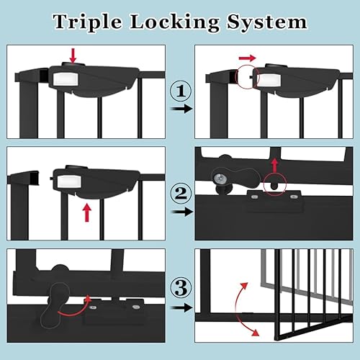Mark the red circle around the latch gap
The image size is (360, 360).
tap(247, 78)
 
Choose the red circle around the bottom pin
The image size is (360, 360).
tap(274, 184)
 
